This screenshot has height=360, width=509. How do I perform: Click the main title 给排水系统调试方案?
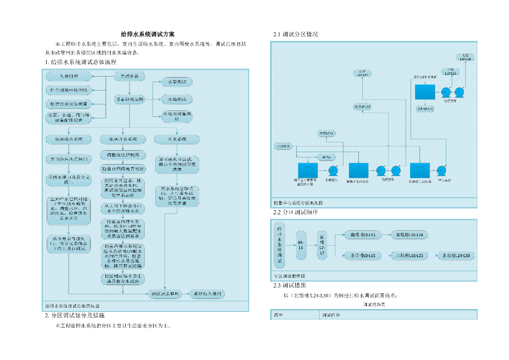(148, 34)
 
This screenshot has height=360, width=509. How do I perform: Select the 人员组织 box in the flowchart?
(68, 76)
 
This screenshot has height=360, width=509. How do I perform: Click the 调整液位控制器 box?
(123, 154)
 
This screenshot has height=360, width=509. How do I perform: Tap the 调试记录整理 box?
(165, 294)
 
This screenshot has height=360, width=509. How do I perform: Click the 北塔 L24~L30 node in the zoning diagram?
(466, 57)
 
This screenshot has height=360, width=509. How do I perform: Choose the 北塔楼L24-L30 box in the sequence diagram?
(456, 256)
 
